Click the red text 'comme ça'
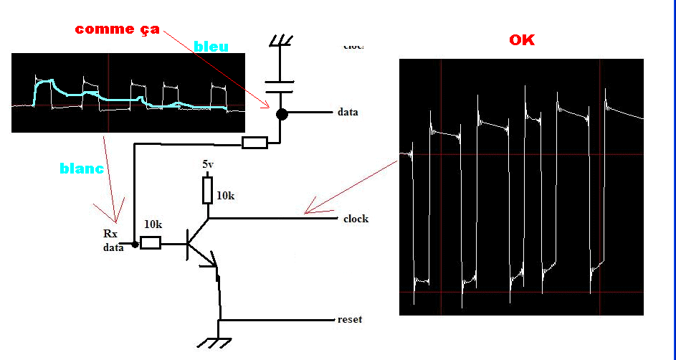117,29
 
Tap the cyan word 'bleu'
211,47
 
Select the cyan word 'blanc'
82,169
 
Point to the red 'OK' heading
522,40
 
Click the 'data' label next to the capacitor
348,113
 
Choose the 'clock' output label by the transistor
356,219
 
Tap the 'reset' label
350,319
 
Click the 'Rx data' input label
111,240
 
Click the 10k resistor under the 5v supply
208,191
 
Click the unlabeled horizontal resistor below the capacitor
254,143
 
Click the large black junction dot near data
282,113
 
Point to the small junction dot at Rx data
134,245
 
